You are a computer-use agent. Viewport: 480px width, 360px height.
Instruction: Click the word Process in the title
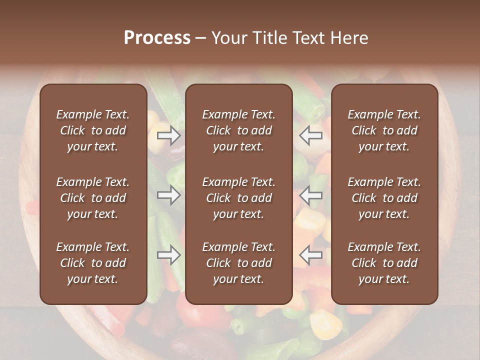157,38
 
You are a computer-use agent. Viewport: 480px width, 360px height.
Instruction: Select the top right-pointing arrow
169,135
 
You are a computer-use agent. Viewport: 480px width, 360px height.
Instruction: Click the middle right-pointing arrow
169,195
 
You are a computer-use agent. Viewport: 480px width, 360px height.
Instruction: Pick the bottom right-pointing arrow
169,255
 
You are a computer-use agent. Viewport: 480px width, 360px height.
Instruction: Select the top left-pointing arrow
311,135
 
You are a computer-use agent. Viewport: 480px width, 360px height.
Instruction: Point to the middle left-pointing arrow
311,195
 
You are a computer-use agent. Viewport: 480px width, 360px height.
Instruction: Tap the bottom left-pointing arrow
311,255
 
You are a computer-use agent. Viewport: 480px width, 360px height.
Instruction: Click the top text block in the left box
93,130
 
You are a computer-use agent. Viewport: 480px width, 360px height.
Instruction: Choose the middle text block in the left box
93,198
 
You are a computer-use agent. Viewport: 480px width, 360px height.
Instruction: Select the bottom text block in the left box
93,263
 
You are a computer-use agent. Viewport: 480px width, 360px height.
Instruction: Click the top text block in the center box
238,130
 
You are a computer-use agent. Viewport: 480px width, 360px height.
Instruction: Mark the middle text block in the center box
238,198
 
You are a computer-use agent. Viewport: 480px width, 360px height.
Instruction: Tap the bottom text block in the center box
238,263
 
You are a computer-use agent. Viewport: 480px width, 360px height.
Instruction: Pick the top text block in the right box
384,130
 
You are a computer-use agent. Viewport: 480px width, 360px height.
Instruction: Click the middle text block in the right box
384,198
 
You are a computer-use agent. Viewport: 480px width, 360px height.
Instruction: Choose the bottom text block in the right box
384,263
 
